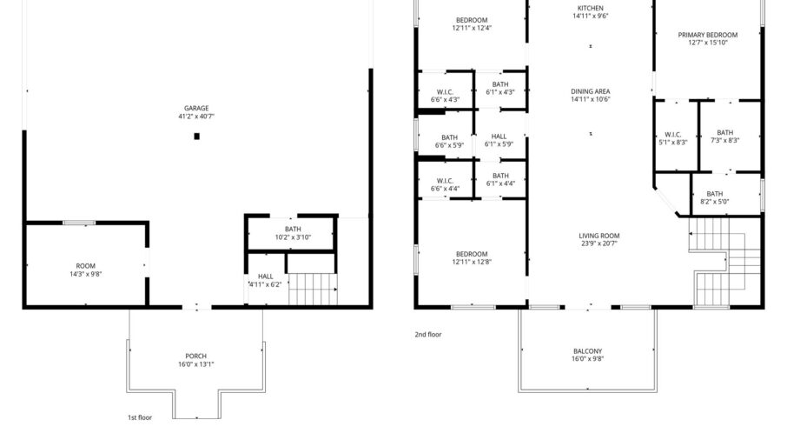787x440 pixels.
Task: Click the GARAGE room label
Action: [196, 108]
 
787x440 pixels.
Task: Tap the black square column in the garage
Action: [196, 137]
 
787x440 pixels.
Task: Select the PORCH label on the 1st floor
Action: [195, 357]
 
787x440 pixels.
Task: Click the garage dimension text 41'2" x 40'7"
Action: [196, 116]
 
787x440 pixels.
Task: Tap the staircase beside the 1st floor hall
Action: [312, 290]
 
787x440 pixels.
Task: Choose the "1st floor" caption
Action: [140, 417]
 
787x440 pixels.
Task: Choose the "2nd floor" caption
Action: [428, 335]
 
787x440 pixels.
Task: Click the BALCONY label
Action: [588, 351]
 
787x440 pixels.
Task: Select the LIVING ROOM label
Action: [599, 236]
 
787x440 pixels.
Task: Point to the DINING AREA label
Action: [591, 91]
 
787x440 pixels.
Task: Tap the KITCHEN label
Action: [591, 8]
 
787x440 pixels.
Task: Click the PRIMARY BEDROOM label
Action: [708, 35]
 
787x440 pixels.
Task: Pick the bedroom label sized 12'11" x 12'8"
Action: [472, 257]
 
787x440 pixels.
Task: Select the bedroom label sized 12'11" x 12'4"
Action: [472, 24]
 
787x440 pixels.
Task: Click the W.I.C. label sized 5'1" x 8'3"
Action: [673, 138]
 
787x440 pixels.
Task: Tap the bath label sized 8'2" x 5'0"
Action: [715, 197]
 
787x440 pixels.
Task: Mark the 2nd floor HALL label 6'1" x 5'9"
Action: [499, 140]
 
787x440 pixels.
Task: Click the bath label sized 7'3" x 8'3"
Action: [725, 137]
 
